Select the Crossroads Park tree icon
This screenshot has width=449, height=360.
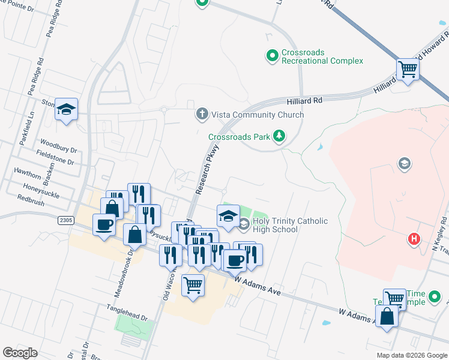pyautogui.click(x=279, y=137)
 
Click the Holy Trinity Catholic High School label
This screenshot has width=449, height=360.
pyautogui.click(x=289, y=225)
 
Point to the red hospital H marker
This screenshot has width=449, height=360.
pyautogui.click(x=414, y=239)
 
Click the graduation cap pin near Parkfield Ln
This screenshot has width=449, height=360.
pyautogui.click(x=67, y=110)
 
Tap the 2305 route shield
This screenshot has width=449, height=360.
pyautogui.click(x=66, y=221)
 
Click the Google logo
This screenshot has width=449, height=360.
pyautogui.click(x=20, y=353)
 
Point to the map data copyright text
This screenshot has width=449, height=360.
pyautogui.click(x=412, y=355)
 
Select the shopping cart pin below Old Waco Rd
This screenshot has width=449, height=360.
pyautogui.click(x=193, y=286)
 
